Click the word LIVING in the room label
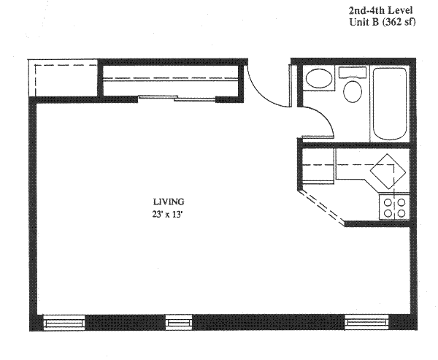169,202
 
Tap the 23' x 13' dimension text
167,215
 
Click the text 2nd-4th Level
380,11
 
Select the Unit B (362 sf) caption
383,22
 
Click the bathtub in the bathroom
390,104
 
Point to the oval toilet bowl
353,91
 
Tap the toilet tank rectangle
353,72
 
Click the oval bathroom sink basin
319,78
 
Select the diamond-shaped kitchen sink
388,172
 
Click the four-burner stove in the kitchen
394,207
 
